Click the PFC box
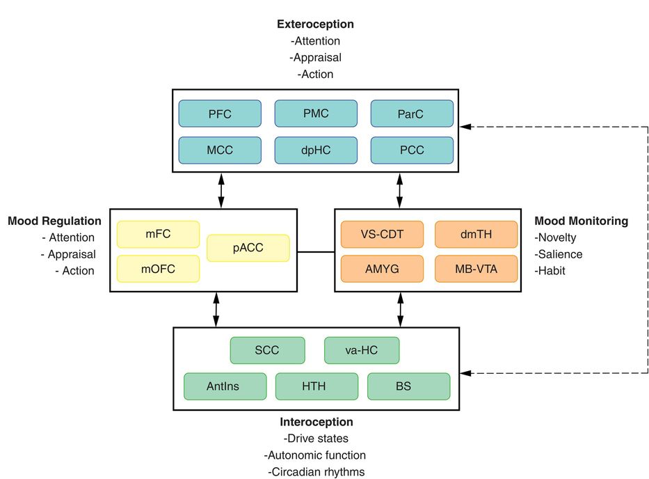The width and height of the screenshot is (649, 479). (220, 113)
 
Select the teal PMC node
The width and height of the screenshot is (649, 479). (316, 113)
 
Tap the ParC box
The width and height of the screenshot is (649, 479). (412, 113)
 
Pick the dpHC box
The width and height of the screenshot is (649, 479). (316, 150)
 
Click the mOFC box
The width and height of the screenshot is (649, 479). (158, 269)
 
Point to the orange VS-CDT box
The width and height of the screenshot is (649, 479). (382, 235)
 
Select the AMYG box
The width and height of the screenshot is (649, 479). (382, 269)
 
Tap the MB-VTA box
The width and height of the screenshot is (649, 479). (476, 269)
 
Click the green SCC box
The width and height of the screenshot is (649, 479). (267, 350)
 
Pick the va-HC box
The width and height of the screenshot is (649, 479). (362, 350)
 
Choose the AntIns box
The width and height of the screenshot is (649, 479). (225, 386)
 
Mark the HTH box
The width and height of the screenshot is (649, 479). (317, 386)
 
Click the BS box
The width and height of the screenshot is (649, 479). (408, 386)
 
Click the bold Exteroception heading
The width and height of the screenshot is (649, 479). (315, 24)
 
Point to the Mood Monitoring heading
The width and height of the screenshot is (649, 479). (581, 221)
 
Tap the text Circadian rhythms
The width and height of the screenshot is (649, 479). (316, 471)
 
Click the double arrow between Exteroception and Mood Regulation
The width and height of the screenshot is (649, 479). (221, 190)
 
